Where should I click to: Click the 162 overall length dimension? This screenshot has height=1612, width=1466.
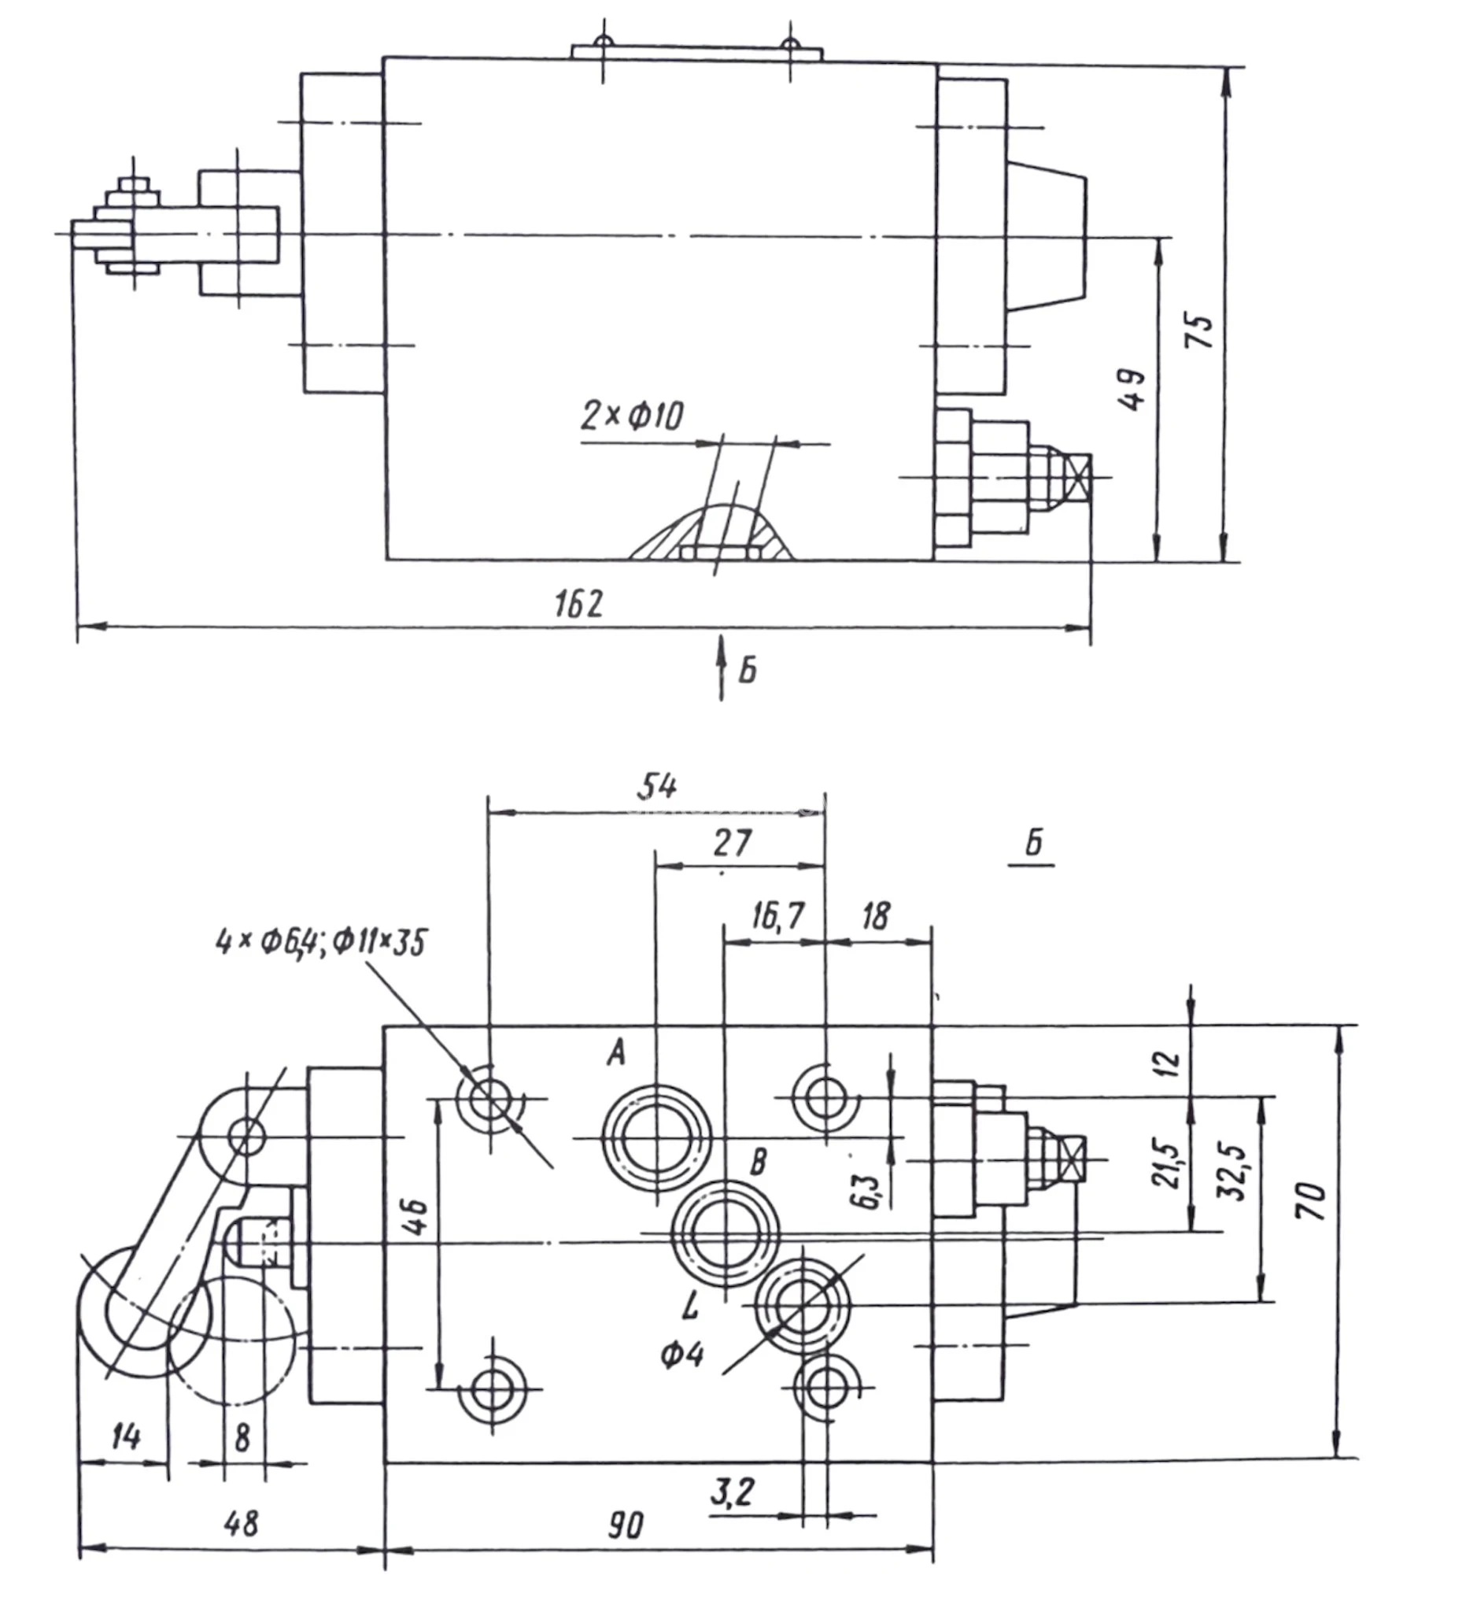pos(578,604)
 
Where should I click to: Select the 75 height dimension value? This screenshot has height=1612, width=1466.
pos(1199,331)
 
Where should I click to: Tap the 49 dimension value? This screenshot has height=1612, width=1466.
pos(1132,390)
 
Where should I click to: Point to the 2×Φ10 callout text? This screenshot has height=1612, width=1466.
pos(631,416)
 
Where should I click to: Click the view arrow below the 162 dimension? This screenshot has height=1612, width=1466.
pos(721,667)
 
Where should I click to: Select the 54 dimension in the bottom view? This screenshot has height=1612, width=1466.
pos(657,787)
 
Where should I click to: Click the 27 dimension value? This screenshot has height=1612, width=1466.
pos(732,843)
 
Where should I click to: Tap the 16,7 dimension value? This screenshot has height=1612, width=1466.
pos(777,915)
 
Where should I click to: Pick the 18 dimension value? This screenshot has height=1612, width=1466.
pos(876,915)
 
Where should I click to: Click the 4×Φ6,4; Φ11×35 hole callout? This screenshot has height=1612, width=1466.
pos(321,942)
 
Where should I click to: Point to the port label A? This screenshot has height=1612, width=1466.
pos(615,1053)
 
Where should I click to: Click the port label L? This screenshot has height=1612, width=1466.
pos(691,1307)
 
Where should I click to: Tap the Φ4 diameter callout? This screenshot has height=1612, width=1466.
pos(681,1354)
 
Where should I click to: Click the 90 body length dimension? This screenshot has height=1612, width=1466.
pos(625,1525)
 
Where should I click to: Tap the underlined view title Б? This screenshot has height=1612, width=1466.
pos(1034,844)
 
